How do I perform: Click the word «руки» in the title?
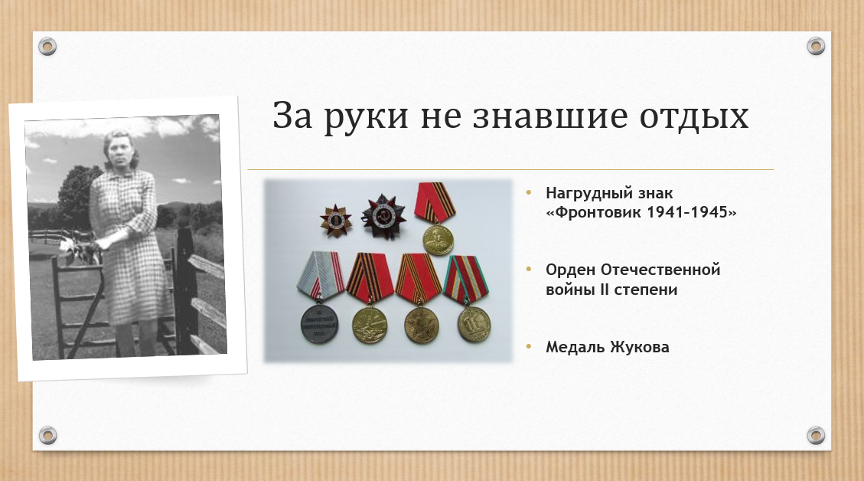[x=366, y=116]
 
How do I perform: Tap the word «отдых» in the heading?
[x=694, y=117]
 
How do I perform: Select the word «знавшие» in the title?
[x=550, y=116]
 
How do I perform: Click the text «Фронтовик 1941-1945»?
[x=641, y=212]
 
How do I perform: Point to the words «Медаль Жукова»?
[x=607, y=347]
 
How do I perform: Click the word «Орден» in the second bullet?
[x=570, y=270]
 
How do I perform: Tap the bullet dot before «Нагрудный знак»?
[x=529, y=192]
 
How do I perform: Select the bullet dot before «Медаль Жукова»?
[x=529, y=346]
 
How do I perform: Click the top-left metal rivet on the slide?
[x=47, y=46]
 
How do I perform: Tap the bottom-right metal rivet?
[x=816, y=435]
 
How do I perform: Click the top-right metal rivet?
[x=816, y=46]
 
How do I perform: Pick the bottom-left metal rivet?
[x=47, y=435]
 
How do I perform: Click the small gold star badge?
[x=335, y=220]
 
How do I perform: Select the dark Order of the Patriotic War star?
[x=383, y=216]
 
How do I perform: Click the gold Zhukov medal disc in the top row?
[x=438, y=239]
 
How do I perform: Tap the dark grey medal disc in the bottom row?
[x=320, y=324]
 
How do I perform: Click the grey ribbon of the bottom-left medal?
[x=321, y=276]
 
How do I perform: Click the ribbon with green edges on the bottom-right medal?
[x=466, y=280]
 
